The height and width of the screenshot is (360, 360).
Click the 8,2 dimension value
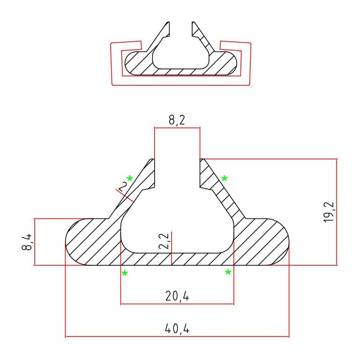(177, 120)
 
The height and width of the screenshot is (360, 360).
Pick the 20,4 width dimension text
(177, 296)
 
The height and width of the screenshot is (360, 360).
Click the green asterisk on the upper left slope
(129, 179)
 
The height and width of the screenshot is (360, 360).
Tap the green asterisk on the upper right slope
(225, 179)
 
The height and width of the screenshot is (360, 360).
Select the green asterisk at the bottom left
(125, 273)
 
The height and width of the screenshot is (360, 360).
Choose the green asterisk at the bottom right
(228, 273)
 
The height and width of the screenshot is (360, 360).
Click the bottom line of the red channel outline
(180, 85)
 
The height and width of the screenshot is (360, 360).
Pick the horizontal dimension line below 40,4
(177, 337)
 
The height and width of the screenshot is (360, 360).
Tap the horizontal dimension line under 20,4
(177, 304)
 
